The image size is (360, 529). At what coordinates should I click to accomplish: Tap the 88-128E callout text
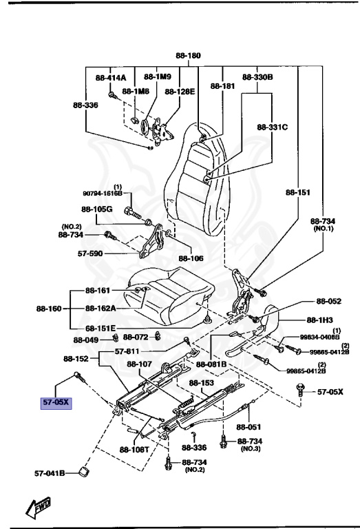click(180, 90)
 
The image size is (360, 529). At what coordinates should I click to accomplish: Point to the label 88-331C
click(273, 127)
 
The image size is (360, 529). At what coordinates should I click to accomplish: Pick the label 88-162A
click(100, 309)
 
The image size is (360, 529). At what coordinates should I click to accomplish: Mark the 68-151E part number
click(100, 328)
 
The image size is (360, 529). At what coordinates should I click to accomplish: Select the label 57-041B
click(50, 473)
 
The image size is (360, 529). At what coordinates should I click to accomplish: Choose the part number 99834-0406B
click(319, 338)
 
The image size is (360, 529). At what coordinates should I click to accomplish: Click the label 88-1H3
click(318, 320)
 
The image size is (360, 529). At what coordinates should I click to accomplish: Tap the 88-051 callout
click(268, 426)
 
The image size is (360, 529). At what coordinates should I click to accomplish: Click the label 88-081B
click(213, 364)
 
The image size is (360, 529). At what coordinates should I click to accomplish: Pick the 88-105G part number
click(96, 209)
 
